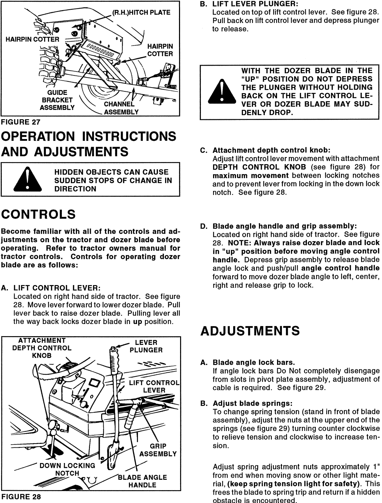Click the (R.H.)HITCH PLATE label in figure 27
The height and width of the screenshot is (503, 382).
coord(141,13)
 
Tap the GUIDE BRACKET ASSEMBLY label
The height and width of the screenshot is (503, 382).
coord(57,100)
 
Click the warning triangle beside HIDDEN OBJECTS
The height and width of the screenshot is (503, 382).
coord(27,180)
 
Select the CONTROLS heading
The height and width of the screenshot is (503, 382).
coord(38,214)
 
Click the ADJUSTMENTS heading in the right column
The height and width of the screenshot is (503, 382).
coord(250,331)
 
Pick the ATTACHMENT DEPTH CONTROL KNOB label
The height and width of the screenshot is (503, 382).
coord(42,348)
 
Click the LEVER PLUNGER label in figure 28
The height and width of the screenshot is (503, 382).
coord(146,346)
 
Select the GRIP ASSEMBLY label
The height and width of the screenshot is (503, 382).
coord(158,450)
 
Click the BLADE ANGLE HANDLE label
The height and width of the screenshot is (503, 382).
coord(142,481)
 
